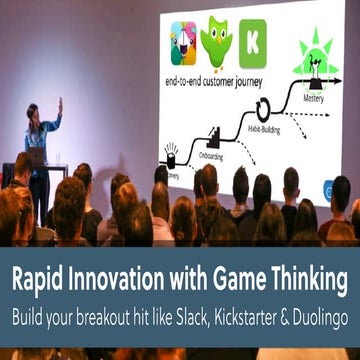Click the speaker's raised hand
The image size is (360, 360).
coord(59,103)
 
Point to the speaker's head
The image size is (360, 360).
coord(33,113)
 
